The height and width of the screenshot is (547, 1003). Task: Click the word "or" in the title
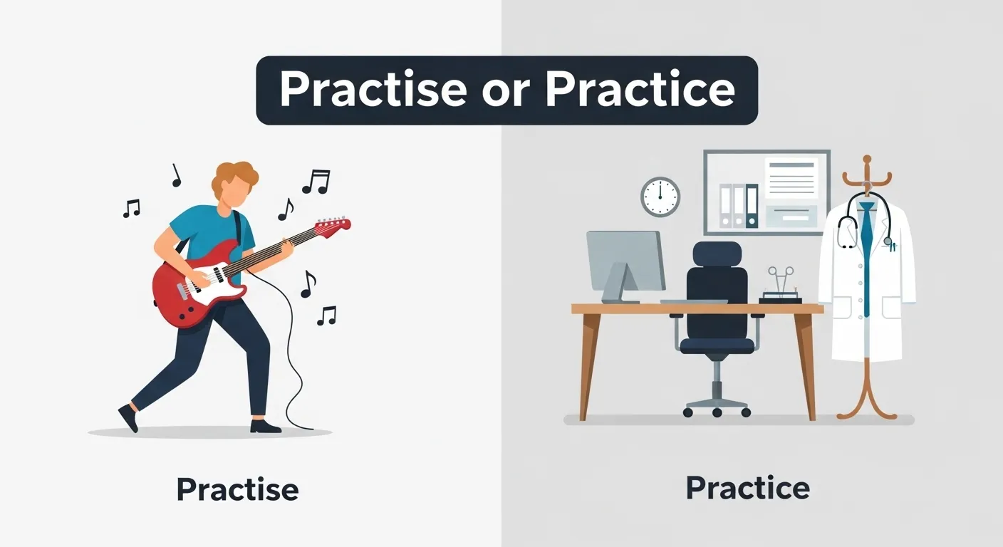506,90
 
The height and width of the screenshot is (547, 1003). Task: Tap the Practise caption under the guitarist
237,490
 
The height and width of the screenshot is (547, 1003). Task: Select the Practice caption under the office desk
747,489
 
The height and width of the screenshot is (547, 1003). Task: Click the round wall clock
660,197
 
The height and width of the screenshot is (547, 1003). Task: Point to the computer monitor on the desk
625,260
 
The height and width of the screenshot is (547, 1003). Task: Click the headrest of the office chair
717,254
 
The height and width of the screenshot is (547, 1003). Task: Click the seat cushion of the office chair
717,345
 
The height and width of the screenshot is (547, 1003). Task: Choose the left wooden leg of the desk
588,363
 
